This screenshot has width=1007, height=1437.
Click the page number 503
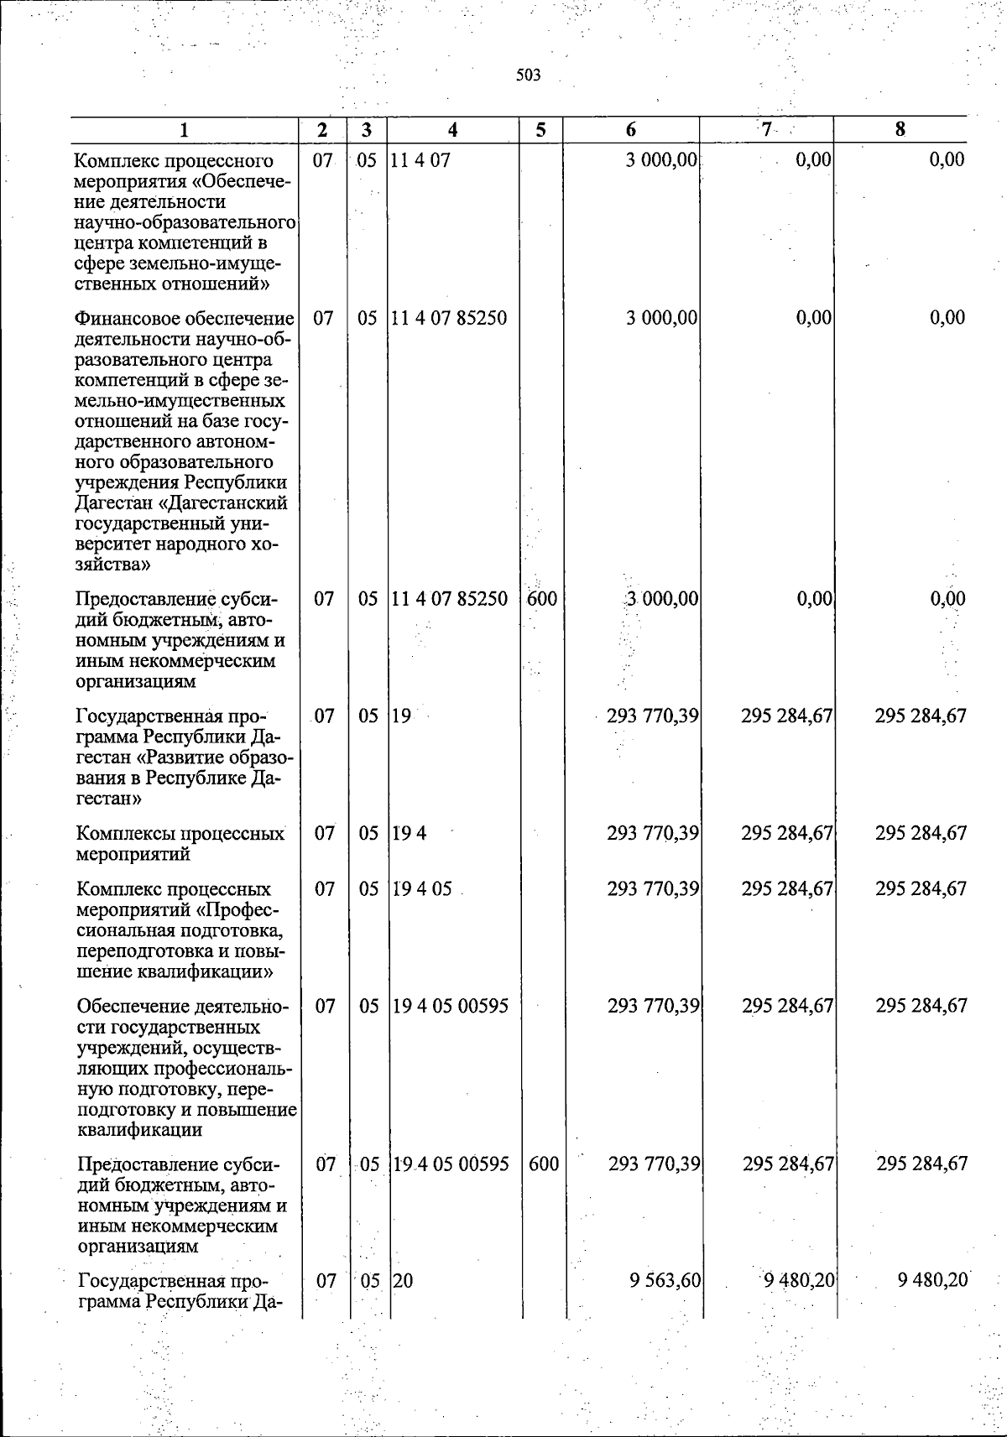click(528, 76)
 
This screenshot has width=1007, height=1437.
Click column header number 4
click(453, 129)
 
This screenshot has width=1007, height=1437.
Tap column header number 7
click(765, 129)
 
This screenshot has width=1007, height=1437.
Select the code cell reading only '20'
click(404, 1280)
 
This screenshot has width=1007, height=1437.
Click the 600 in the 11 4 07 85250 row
click(542, 598)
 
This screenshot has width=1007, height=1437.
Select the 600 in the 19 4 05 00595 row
click(544, 1164)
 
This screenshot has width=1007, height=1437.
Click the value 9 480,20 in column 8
click(932, 1280)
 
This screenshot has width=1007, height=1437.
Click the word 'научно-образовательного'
click(185, 222)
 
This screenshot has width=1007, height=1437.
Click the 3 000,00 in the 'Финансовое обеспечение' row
click(661, 318)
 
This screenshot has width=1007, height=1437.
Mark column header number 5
click(540, 129)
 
